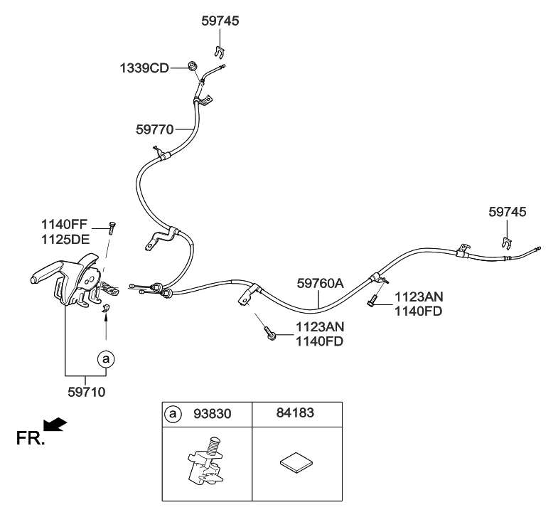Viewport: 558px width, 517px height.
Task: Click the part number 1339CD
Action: (x=144, y=68)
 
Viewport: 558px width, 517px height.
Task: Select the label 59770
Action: (x=154, y=129)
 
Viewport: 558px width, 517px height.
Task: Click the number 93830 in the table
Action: (x=212, y=412)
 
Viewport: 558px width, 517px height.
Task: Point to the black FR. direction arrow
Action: (x=56, y=425)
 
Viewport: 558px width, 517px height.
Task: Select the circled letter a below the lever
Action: (x=105, y=359)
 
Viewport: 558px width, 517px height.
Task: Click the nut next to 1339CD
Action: (x=192, y=67)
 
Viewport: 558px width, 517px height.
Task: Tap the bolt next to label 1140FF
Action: (x=112, y=226)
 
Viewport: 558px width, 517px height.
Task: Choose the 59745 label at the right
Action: (x=508, y=212)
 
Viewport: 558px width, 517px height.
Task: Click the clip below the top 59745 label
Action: (x=220, y=51)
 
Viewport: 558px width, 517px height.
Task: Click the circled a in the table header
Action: (x=173, y=412)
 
